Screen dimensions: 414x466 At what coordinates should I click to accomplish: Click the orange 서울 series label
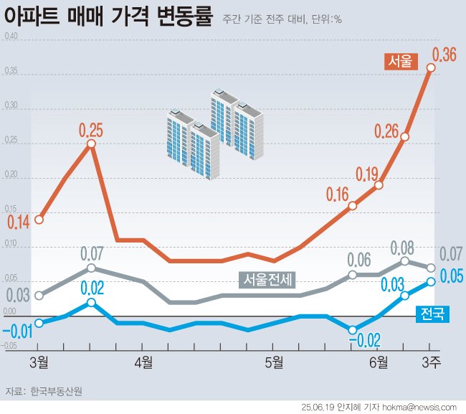click(401, 62)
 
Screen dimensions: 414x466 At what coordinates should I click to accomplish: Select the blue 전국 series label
click(432, 314)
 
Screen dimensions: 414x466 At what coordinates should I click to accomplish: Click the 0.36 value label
click(444, 54)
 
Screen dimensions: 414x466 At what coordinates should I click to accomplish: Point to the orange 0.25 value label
click(91, 130)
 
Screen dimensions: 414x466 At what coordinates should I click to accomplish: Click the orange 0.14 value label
click(19, 222)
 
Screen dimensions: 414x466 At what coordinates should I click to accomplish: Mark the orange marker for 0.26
click(405, 136)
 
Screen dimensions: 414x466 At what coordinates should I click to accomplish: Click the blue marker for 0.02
click(91, 303)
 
